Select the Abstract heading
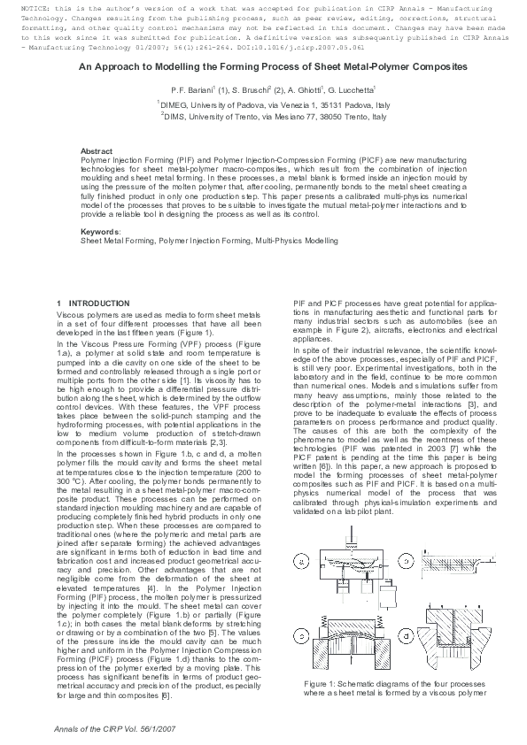click(97, 152)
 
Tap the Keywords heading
click(99, 232)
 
